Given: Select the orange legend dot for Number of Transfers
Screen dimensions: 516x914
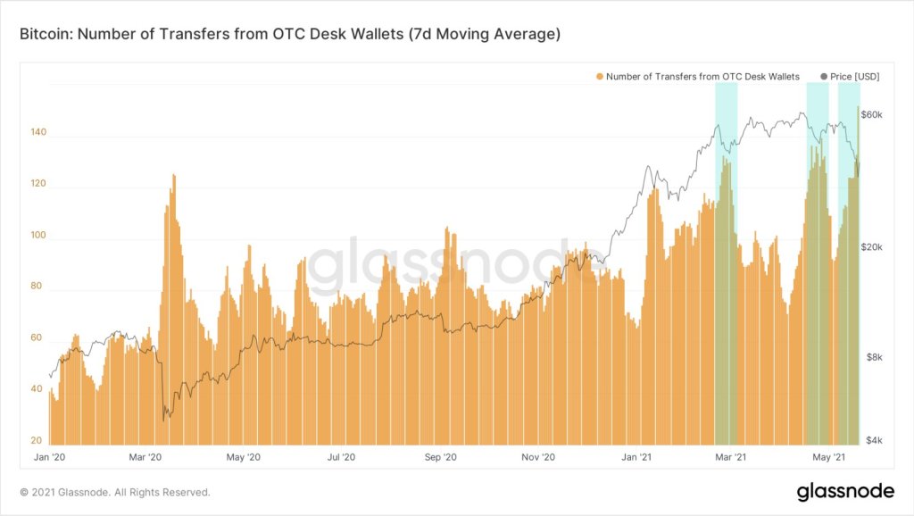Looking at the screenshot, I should click(x=600, y=77).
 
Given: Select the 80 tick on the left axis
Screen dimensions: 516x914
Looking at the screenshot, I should click(x=36, y=287).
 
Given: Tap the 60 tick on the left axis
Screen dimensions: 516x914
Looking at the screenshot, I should click(x=36, y=339).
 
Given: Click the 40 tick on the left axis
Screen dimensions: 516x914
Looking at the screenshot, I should click(x=36, y=390).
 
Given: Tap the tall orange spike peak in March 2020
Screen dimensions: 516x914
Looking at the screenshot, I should click(x=173, y=177).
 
